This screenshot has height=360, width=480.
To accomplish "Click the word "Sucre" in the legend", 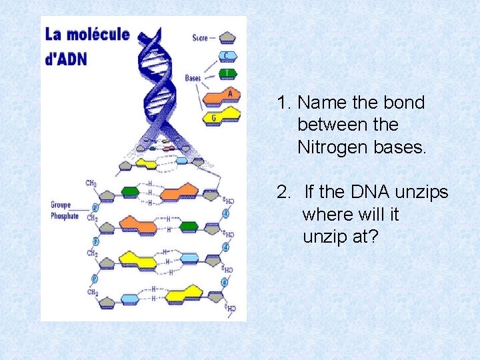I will pos(200,38).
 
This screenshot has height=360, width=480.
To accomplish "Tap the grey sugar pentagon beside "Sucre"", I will pos(227,37).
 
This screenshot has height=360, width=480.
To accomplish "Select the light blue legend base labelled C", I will pos(227,56).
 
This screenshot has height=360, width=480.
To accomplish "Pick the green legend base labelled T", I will pos(227,73).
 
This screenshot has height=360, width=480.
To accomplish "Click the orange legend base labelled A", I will pos(223,96).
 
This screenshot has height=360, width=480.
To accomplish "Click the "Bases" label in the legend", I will pos(193,79).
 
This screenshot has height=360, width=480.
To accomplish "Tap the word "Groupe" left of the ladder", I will pos(61,205).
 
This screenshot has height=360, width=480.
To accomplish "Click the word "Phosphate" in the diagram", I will pos(65,216).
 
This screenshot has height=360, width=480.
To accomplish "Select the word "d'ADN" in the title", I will pos(66,58).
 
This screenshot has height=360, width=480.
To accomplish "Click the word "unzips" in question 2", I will pos(421,193).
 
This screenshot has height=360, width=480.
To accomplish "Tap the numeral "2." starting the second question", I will pos(285,193).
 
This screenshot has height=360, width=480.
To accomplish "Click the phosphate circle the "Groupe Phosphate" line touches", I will pos(95,207).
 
